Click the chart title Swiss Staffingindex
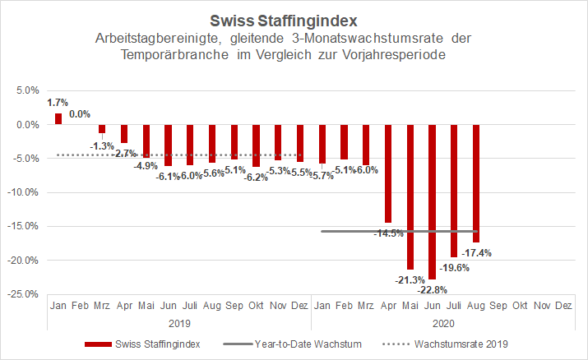pos(294,18)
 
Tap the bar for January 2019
pos(58,119)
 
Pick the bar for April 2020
pos(388,173)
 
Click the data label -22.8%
pos(433,288)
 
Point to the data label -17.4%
pos(476,252)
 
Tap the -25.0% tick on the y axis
pos(24,293)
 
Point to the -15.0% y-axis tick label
pos(24,226)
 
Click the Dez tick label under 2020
pos(564,305)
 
